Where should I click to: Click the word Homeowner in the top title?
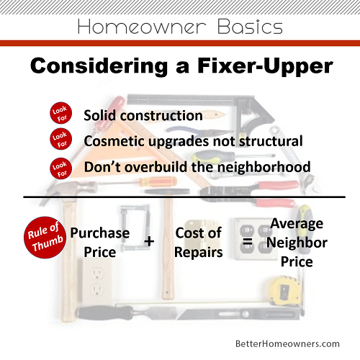142,27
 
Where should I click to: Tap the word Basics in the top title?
250,27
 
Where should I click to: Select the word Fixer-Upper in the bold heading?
265,66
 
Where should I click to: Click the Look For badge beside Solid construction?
61,113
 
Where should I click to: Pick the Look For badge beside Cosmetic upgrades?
61,139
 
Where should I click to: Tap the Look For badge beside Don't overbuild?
61,168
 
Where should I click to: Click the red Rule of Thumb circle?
45,238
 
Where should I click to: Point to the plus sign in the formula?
149,241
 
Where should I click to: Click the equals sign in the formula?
248,242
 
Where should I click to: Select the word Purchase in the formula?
100,233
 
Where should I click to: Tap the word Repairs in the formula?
199,253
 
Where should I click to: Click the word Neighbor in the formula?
297,243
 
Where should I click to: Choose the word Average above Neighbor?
297,225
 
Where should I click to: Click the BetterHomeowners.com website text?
287,343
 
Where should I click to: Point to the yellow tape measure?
285,291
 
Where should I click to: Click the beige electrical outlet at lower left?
97,280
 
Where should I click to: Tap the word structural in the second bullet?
271,141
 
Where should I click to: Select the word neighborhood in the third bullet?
264,167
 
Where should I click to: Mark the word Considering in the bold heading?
99,66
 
